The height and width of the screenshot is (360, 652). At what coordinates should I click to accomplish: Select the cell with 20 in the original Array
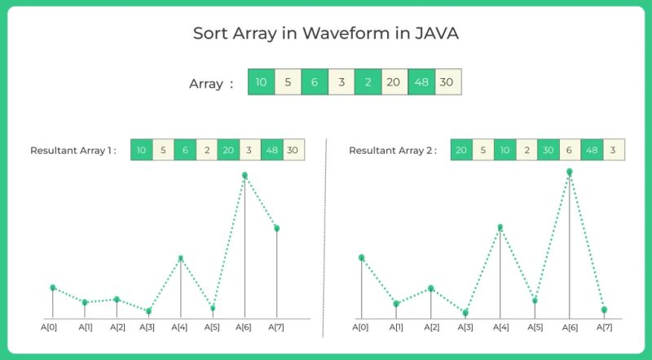point(394,82)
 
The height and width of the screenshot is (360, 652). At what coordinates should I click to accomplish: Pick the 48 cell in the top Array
point(421,82)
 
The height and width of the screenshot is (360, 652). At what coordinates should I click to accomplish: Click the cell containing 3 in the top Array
point(341,82)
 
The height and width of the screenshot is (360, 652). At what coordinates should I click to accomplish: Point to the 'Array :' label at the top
point(211,83)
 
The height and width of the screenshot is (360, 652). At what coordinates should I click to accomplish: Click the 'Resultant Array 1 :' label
point(73,151)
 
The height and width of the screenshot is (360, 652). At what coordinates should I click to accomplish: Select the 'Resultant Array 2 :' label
point(392,151)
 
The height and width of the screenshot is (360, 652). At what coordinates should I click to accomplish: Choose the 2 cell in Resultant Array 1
point(206,151)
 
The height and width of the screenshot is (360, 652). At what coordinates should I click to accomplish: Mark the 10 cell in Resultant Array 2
point(504,151)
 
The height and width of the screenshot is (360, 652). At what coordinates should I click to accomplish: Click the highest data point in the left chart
point(244,175)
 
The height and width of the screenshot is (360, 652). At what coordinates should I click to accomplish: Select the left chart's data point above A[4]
point(181,258)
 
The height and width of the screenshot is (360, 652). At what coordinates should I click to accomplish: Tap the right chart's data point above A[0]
point(361,257)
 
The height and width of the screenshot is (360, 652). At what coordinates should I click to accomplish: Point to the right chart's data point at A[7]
point(605,310)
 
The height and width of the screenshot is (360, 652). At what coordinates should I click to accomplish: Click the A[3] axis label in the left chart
point(148,327)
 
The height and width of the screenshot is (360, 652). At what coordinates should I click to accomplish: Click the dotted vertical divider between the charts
point(325,236)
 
